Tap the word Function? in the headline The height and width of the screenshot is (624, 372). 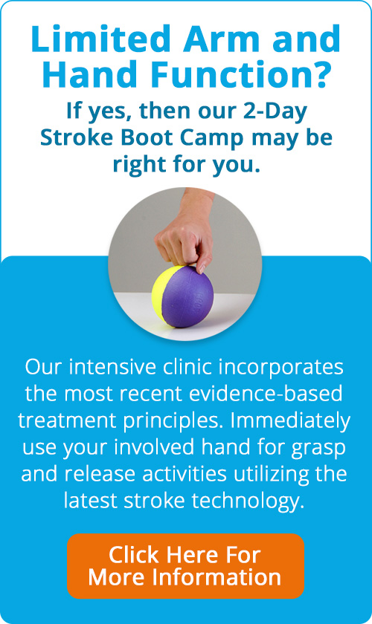tap(240, 74)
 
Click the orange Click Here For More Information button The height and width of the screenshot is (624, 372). tap(185, 566)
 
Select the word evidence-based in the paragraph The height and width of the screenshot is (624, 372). tap(265, 394)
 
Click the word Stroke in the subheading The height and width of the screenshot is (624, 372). tap(78, 137)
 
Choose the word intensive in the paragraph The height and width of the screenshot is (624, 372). tap(113, 368)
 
